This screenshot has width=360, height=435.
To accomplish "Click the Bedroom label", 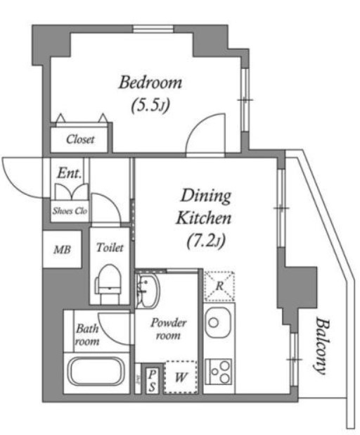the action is tap(150, 82).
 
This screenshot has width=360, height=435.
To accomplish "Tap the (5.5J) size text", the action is tap(150, 105).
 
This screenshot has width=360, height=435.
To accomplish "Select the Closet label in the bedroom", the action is tap(80, 139).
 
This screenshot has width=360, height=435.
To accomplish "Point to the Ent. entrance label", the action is tap(70, 173).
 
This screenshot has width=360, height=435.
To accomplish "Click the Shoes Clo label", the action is tap(70, 211).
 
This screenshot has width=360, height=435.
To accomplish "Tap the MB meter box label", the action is tap(63, 250).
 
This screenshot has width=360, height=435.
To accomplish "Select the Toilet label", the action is tap(110, 248).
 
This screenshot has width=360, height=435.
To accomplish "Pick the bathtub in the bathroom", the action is tap(96, 372).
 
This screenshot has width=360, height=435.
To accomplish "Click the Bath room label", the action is tap(87, 335).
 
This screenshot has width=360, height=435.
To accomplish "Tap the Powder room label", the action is tap(169, 329).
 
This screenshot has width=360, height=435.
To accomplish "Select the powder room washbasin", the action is tap(148, 290).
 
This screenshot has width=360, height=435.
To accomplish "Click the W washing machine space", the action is tap(181, 377).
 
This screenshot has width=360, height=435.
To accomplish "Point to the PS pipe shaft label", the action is tap(152, 380).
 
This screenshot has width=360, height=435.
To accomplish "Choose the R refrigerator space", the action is tap(219, 286).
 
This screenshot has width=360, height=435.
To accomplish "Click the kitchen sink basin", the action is tap(217, 322).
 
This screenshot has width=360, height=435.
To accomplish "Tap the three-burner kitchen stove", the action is tap(219, 372).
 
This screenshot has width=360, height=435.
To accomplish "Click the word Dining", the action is tap(205, 196).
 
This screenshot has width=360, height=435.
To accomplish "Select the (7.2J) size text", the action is tap(205, 241).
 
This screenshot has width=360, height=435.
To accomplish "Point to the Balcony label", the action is tap(323, 346).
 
